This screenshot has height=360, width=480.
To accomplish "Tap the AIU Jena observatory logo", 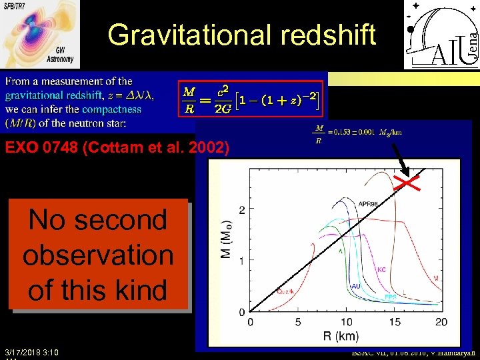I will click(441, 35).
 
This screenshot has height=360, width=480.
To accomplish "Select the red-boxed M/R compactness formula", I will click(250, 98).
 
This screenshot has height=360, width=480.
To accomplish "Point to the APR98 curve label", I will click(369, 204).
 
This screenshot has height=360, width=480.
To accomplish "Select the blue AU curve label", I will click(357, 285).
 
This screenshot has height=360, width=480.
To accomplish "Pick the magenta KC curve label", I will click(381, 270).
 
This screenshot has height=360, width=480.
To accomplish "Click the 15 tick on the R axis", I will click(395, 323).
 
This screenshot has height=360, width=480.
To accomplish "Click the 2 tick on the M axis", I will click(241, 209).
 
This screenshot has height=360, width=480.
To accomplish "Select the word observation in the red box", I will click(98, 255).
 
